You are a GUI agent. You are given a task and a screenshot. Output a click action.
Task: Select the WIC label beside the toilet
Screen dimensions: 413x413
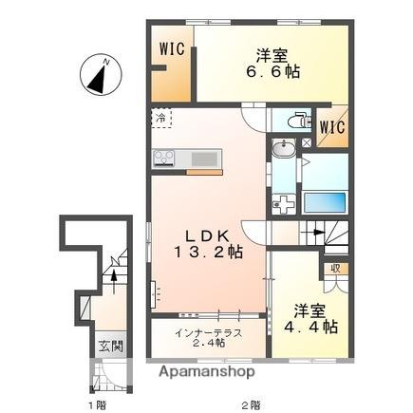point(330,126)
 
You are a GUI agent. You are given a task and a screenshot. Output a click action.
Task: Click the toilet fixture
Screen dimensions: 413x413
point(295,121)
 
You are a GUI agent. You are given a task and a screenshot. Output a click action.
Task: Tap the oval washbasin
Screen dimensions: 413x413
point(282,149)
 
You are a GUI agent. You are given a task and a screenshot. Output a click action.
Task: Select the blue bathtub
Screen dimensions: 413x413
point(327,202)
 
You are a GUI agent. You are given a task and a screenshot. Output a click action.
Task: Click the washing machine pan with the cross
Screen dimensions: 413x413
point(284,202)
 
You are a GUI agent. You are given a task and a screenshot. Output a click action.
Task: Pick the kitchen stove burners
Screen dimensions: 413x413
point(162,158)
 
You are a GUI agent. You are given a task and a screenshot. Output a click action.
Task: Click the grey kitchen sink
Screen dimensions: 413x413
point(204,158)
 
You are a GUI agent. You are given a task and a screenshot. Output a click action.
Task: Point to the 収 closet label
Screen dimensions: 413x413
point(336,269)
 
